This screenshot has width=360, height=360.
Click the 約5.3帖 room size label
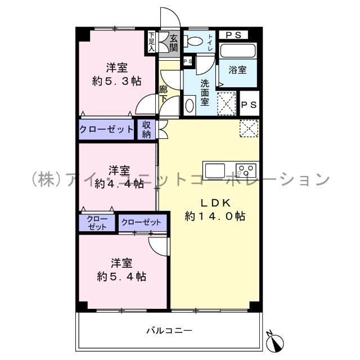[116, 81]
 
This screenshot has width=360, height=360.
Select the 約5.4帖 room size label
[121, 276]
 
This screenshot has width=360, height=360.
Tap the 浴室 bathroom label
[237, 70]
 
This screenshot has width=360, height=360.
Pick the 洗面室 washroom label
[205, 90]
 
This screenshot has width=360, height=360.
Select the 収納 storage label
[146, 130]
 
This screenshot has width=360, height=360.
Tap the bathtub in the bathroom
[238, 51]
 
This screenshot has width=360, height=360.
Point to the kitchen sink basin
[214, 169]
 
